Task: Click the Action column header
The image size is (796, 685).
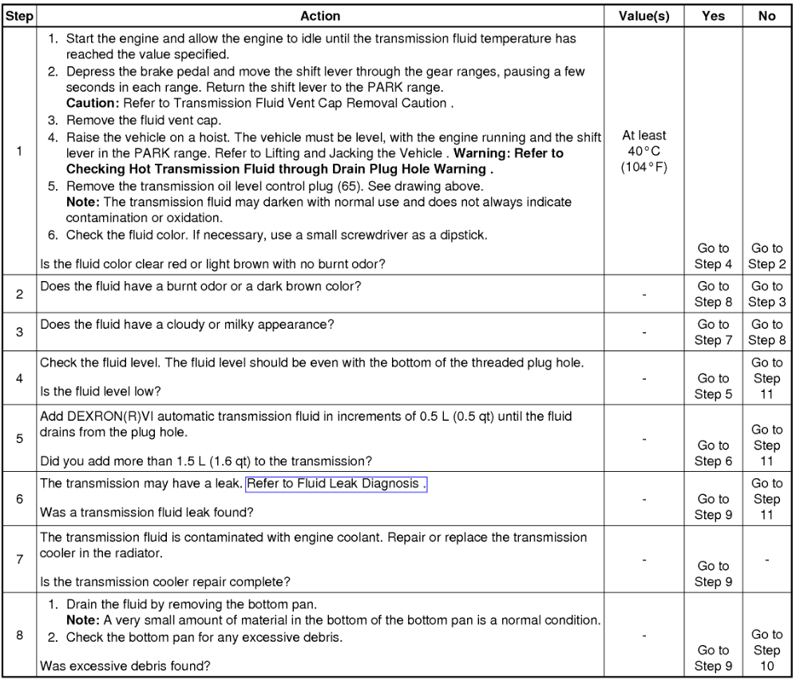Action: [320, 16]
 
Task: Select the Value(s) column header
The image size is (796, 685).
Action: [644, 16]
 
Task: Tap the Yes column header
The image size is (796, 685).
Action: [712, 16]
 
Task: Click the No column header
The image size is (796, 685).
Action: [766, 16]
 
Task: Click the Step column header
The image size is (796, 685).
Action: [18, 16]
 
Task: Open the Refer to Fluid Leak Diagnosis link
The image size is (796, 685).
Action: [336, 484]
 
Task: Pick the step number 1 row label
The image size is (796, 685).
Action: [18, 152]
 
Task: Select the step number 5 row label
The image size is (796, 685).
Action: [18, 438]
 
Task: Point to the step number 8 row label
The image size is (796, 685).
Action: [18, 636]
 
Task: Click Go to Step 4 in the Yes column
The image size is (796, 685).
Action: [712, 256]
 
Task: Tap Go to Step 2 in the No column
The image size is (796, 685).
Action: [766, 256]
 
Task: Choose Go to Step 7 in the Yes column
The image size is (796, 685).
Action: [712, 332]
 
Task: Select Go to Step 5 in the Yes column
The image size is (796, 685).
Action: [712, 386]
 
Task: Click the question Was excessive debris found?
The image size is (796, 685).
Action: [126, 665]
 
